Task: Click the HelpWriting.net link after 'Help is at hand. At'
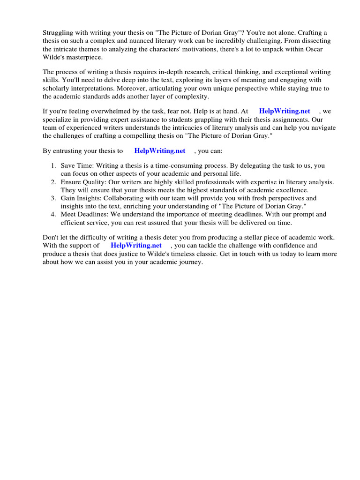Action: [285, 111]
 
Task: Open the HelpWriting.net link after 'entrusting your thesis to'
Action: [160, 151]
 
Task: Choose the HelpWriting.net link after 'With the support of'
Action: [136, 245]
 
